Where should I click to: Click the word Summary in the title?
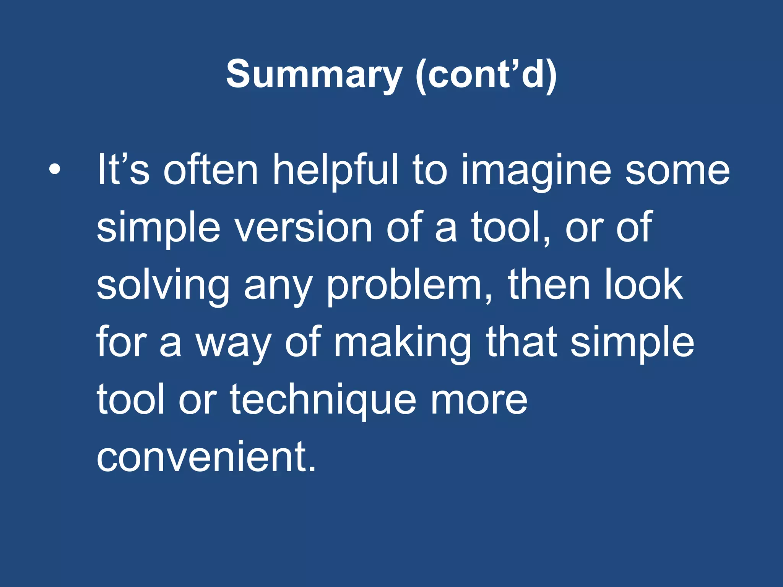314,74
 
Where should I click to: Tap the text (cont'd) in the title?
486,74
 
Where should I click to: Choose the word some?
677,170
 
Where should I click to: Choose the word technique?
323,401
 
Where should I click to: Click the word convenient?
206,457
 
